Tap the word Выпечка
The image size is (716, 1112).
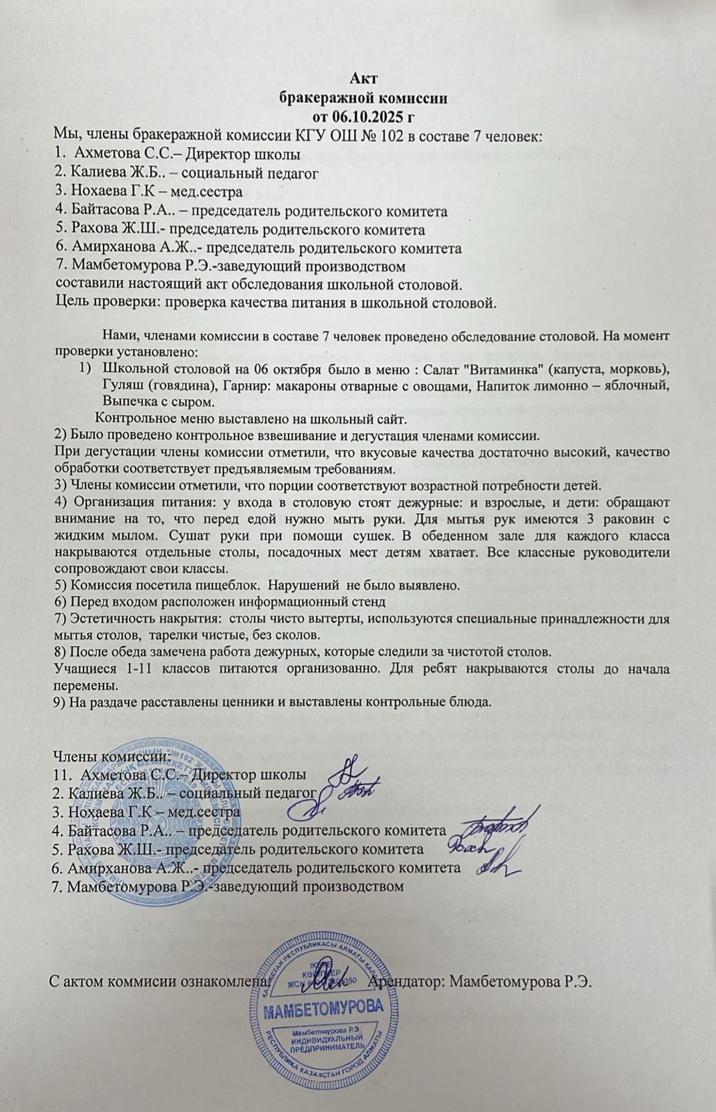click(128, 402)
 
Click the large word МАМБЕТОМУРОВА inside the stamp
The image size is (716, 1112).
click(324, 1008)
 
